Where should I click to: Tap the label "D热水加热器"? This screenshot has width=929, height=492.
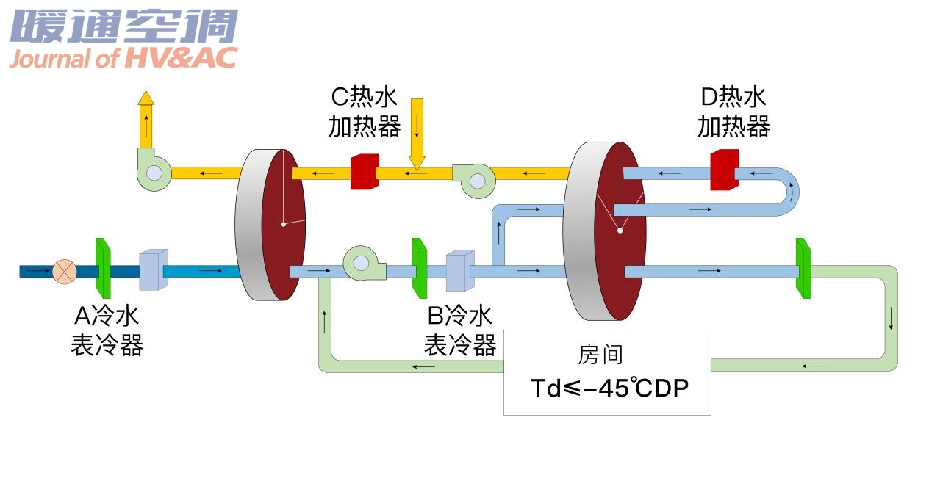733,112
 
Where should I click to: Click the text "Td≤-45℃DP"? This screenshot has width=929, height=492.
609,388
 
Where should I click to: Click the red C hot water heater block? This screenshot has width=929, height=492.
364,172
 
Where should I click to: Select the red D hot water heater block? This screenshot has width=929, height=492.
724,170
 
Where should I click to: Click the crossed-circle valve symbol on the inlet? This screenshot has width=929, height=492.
65,271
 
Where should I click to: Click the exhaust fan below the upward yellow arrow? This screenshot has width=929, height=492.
154,172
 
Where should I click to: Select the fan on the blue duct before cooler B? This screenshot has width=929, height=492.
362,263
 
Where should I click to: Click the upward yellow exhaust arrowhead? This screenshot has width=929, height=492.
146,97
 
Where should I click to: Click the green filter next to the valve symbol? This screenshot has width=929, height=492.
103,268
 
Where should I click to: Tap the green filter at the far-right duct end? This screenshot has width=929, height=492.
803,269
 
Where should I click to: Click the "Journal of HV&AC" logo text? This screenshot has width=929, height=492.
123,59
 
